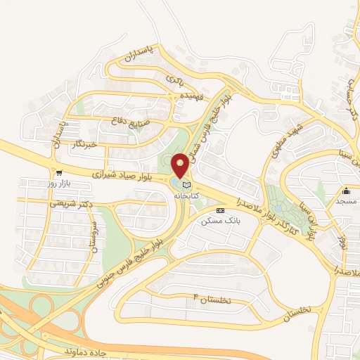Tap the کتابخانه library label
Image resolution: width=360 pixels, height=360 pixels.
tap(186, 196)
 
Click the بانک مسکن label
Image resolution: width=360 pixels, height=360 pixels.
tap(220, 221)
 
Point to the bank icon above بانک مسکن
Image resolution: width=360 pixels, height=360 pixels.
tap(220, 210)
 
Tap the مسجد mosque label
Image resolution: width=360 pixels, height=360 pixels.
tap(347, 202)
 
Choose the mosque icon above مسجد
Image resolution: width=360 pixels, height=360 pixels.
tap(347, 191)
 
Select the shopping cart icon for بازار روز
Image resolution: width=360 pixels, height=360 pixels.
tap(60, 173)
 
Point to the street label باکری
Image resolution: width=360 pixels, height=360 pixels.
tap(174, 79)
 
